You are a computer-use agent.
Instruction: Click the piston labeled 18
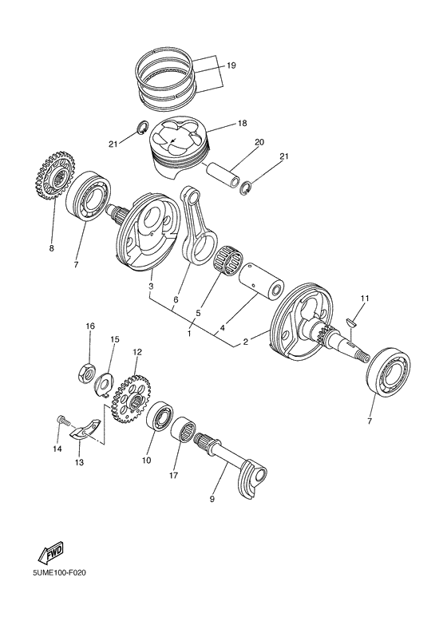[x=180, y=147]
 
